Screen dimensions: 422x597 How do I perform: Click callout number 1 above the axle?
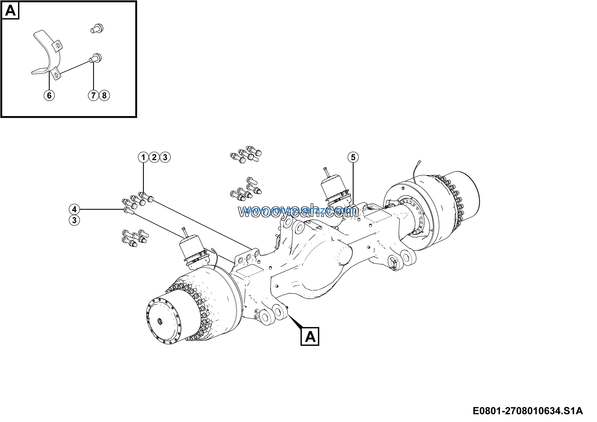pyautogui.click(x=143, y=157)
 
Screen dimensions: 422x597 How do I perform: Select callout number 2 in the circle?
pyautogui.click(x=154, y=157)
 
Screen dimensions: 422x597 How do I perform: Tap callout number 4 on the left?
pyautogui.click(x=74, y=209)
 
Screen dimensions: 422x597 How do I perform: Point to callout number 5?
pyautogui.click(x=353, y=157)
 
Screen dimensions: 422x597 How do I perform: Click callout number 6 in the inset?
pyautogui.click(x=49, y=95)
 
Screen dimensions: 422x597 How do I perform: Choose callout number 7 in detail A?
pyautogui.click(x=93, y=95)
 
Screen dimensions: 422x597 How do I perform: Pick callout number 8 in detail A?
pyautogui.click(x=104, y=95)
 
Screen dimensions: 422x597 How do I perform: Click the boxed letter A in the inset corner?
pyautogui.click(x=10, y=11)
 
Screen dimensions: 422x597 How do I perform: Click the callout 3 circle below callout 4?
pyautogui.click(x=74, y=220)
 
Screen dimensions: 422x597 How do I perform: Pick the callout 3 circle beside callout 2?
pyautogui.click(x=165, y=157)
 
